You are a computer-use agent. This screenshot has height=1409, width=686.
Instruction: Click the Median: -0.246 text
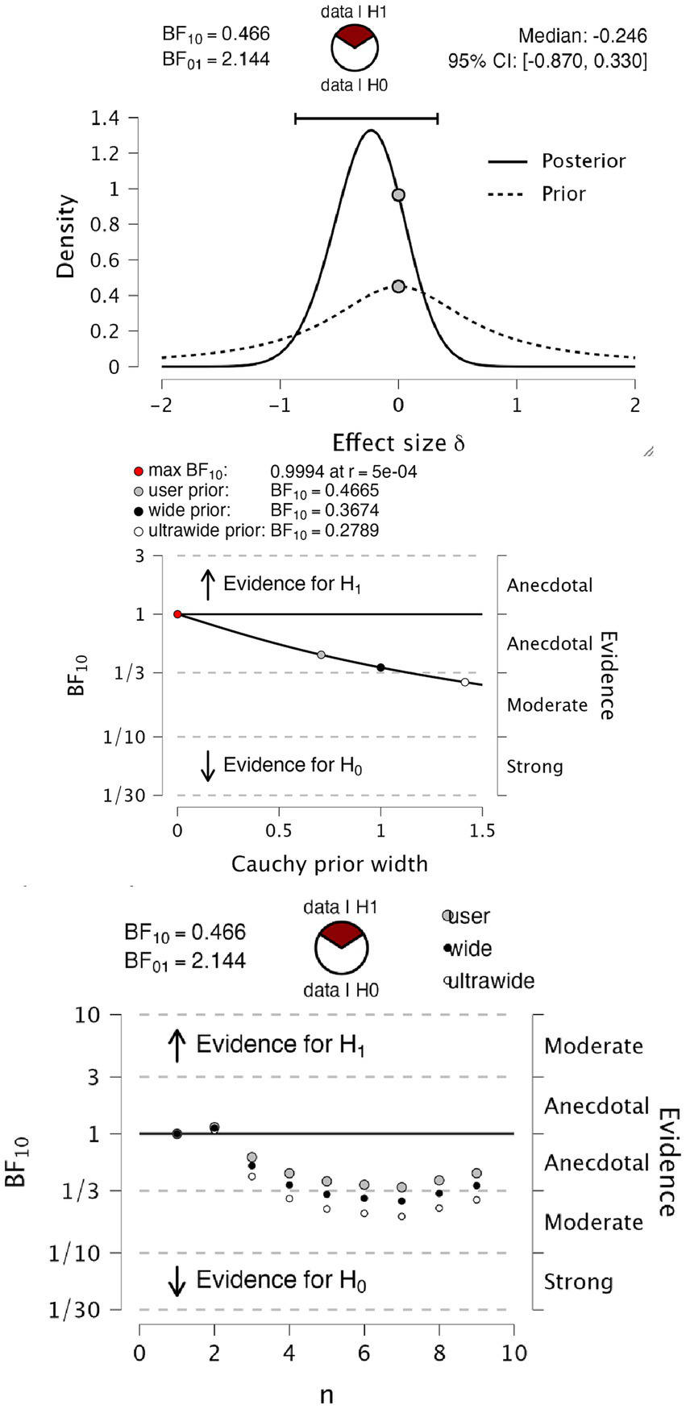582,35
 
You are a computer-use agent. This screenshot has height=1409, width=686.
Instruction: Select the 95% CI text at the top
547,60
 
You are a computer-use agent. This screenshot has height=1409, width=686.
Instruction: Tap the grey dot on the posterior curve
398,195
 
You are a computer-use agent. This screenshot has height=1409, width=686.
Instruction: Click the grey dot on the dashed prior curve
398,286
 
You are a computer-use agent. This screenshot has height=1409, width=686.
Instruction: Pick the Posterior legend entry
583,160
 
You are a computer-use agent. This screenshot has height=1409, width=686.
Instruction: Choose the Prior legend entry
563,193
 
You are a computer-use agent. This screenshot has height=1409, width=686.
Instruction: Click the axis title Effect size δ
398,443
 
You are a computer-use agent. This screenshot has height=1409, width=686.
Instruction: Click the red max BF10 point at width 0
177,614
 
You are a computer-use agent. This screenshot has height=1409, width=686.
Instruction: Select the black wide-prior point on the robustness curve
380,667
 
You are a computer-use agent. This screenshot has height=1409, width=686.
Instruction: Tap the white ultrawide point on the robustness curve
464,682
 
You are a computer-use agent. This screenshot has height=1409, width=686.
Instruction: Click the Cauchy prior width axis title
329,864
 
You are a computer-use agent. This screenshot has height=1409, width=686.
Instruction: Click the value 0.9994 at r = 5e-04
343,472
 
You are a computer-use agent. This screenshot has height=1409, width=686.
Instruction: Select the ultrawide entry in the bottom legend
490,981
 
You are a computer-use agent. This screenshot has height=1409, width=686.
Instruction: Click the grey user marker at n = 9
476,1173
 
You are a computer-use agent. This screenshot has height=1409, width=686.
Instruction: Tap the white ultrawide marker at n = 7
401,1216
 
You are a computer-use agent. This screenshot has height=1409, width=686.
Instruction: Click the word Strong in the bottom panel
578,1282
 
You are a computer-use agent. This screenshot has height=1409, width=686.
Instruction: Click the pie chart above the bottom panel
342,949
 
